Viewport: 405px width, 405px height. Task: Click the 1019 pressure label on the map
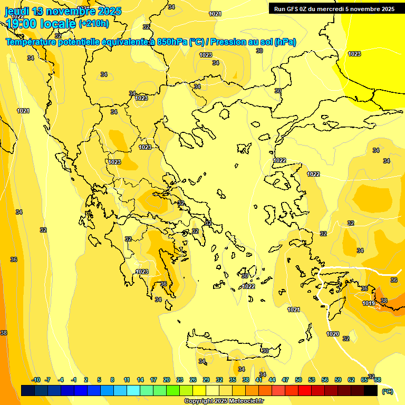[369, 303]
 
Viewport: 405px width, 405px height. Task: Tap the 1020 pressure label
[333, 334]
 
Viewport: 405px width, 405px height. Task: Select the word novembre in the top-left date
[72, 11]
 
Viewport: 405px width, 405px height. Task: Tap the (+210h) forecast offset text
[94, 23]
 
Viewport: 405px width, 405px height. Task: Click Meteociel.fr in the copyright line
[246, 401]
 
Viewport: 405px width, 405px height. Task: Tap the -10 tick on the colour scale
[36, 380]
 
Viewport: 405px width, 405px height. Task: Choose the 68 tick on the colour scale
[378, 380]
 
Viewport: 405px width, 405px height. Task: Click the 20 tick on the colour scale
[167, 380]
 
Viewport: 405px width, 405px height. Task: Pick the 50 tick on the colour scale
[298, 380]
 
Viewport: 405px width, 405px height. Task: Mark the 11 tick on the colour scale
[127, 380]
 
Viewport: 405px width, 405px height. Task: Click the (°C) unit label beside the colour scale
[388, 391]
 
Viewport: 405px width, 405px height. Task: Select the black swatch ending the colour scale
[371, 390]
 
